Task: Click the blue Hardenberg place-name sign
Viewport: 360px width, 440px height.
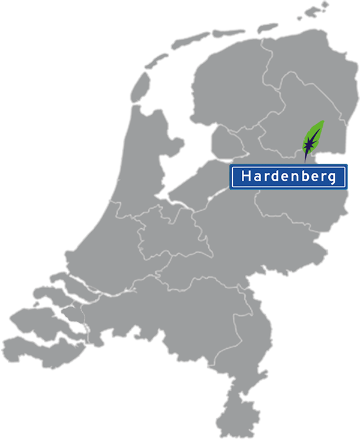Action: [x=289, y=176]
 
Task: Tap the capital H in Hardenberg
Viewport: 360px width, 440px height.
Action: [x=245, y=176]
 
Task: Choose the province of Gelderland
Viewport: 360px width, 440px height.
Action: [x=228, y=240]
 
